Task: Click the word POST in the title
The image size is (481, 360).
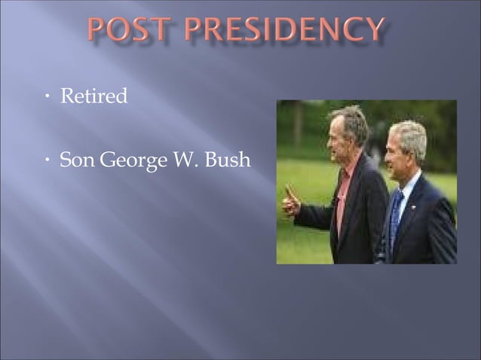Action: [x=132, y=31]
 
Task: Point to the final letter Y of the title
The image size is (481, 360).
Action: [x=372, y=31]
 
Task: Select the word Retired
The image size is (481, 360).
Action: [x=94, y=97]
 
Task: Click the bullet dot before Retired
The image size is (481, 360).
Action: [x=47, y=98]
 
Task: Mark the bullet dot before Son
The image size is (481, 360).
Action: [x=47, y=161]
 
